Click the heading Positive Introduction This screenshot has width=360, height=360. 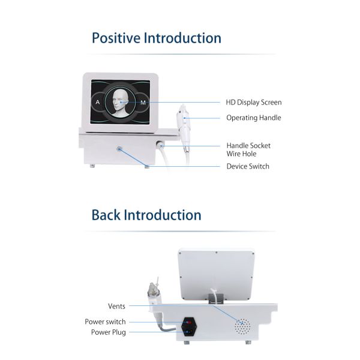(156, 38)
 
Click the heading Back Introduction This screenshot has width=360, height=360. (146, 214)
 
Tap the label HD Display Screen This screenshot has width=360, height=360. (253, 103)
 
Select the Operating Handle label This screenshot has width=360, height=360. (253, 118)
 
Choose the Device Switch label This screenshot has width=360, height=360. (248, 166)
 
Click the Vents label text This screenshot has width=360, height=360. (116, 306)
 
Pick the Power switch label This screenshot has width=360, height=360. (105, 322)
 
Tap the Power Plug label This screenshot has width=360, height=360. (108, 332)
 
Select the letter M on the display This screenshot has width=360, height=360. (143, 103)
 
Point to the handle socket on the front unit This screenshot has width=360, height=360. (161, 144)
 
